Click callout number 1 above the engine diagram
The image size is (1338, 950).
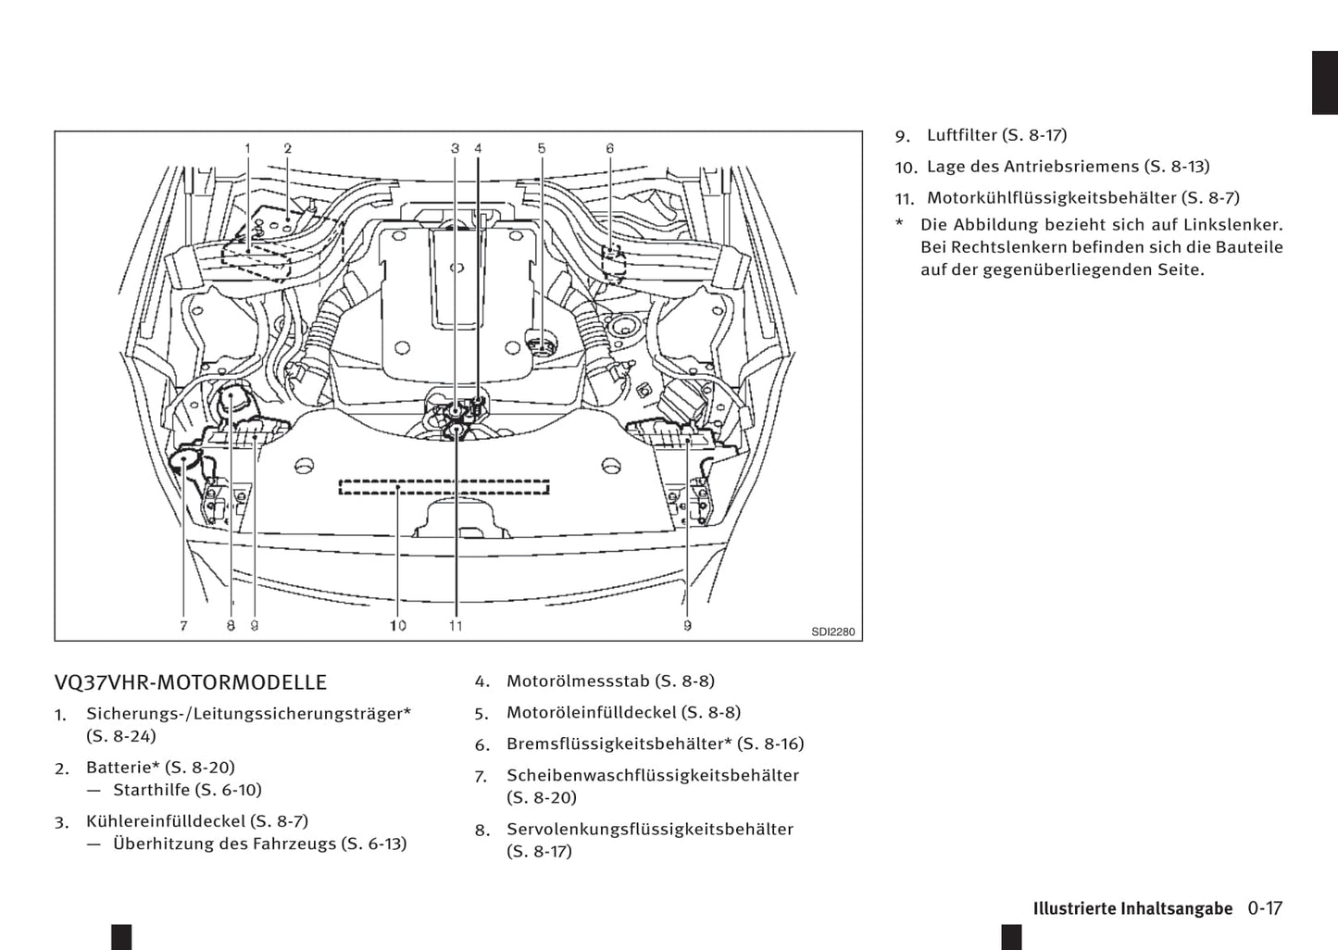click(248, 148)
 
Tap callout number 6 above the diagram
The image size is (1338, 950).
click(610, 148)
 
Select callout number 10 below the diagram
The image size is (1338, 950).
click(397, 626)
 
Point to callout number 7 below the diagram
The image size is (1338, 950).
click(183, 626)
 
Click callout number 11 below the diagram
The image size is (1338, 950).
click(456, 626)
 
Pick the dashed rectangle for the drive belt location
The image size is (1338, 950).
click(444, 487)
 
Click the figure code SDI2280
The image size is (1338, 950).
click(832, 632)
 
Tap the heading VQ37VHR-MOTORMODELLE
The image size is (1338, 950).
click(191, 682)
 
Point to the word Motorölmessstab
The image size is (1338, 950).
click(578, 681)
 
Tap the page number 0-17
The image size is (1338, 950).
click(1265, 908)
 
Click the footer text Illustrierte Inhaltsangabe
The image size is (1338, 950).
click(1132, 908)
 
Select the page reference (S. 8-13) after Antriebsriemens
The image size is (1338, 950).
click(1177, 167)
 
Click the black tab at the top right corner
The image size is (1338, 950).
click(1325, 83)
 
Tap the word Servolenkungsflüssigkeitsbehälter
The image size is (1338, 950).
click(649, 830)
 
